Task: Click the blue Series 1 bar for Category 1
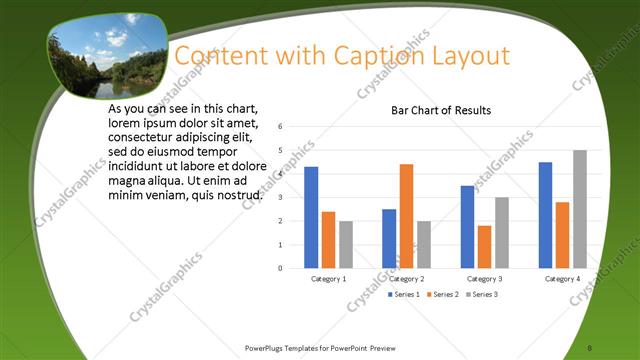311,217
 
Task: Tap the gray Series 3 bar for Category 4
579,209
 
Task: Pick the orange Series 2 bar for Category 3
484,247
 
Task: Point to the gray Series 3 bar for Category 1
345,244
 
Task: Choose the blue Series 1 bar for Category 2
389,238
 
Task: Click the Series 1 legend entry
403,295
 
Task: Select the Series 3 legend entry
482,295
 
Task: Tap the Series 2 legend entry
443,295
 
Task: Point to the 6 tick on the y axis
281,127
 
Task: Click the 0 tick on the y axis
281,268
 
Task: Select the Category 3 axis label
484,278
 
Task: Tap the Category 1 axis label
329,278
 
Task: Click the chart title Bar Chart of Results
441,110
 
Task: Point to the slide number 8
590,348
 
